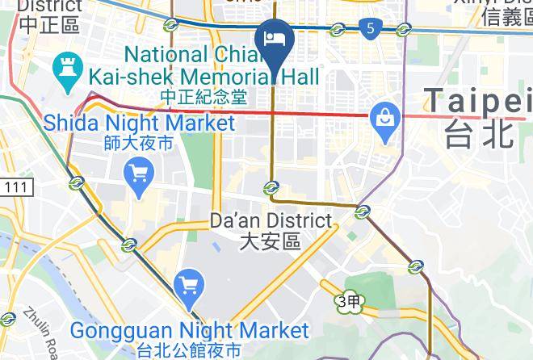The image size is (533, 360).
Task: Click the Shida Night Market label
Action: [139, 123]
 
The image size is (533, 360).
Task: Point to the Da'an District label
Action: [271, 220]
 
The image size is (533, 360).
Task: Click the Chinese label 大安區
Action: [271, 241]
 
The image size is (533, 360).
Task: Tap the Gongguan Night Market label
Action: [189, 330]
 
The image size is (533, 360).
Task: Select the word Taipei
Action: [476, 100]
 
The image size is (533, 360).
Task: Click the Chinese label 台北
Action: [480, 133]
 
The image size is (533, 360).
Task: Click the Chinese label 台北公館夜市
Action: [189, 350]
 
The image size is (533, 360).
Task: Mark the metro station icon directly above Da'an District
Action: [271, 188]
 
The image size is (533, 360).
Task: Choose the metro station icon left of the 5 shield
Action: [338, 31]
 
